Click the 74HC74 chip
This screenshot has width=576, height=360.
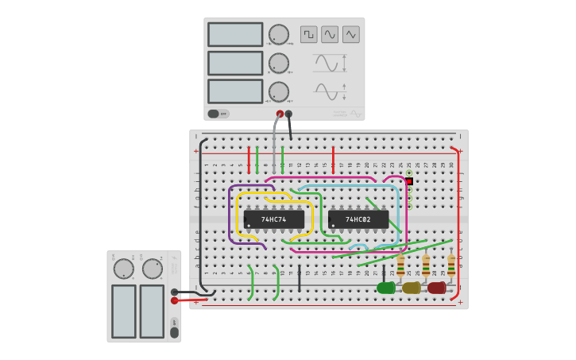point(274,219)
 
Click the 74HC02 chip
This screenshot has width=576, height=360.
point(358,219)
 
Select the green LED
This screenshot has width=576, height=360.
point(386,288)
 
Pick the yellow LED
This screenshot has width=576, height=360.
point(412,288)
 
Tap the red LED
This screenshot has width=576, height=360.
point(437,288)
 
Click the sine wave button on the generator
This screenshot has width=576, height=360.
point(330,34)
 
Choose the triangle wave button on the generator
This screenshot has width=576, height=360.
point(351,34)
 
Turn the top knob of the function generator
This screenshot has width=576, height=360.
point(279,34)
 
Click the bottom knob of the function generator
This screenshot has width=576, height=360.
point(279,91)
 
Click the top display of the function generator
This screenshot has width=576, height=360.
point(235,34)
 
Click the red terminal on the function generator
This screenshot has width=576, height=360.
point(280,114)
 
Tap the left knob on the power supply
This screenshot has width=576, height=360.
point(124,269)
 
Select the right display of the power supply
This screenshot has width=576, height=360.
point(152,311)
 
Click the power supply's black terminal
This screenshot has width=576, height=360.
point(174,292)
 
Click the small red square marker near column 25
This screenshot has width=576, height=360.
point(409,181)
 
